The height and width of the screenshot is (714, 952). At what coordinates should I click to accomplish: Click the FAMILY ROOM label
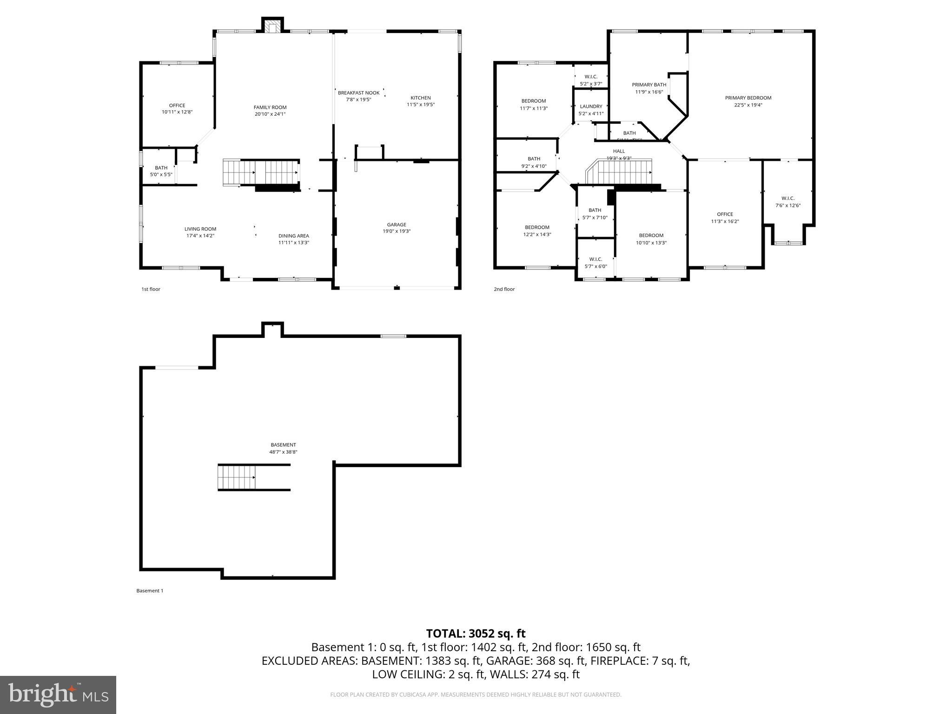click(x=270, y=107)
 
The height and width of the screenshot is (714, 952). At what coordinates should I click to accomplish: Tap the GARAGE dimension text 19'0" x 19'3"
click(x=397, y=231)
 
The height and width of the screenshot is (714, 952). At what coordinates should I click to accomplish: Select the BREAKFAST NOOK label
click(x=358, y=93)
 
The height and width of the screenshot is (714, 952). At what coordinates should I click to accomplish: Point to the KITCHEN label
click(x=420, y=98)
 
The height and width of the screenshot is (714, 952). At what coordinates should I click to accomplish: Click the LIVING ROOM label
click(x=200, y=229)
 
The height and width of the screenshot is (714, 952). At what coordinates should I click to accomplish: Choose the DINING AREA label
click(x=293, y=236)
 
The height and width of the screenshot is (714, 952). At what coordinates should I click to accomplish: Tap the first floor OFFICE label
click(x=177, y=106)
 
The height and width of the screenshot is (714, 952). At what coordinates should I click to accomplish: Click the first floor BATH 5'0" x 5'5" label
click(x=161, y=168)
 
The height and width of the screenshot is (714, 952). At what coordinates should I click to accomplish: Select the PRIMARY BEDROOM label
click(x=748, y=98)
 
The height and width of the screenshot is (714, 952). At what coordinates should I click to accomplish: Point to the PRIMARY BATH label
click(x=649, y=85)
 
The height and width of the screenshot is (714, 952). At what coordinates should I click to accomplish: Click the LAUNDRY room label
click(x=591, y=107)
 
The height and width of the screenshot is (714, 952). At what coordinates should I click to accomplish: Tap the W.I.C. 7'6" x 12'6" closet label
click(x=788, y=199)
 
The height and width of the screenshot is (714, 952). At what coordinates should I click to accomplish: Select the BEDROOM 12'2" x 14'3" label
click(x=537, y=228)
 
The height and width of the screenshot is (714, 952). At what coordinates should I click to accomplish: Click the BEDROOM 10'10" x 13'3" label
click(x=651, y=236)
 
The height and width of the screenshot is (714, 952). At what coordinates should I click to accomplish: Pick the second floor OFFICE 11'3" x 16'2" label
click(x=725, y=215)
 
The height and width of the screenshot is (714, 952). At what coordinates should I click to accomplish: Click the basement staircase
click(x=237, y=477)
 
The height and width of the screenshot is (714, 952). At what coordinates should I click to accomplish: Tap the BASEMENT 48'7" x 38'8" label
click(x=283, y=445)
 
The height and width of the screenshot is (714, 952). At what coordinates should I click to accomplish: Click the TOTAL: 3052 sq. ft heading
click(x=476, y=634)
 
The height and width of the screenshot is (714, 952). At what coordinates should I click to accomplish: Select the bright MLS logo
click(x=58, y=695)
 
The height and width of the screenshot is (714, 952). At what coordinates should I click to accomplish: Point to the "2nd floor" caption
click(x=504, y=289)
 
